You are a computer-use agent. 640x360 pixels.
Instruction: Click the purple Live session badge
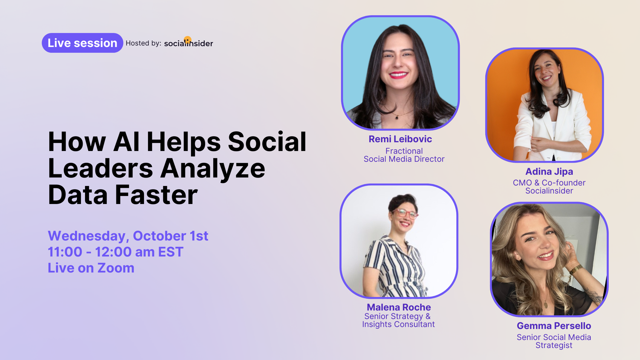click(x=82, y=43)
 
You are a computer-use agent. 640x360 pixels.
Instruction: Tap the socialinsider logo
click(x=188, y=42)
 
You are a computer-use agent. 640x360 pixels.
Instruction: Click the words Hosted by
click(x=143, y=43)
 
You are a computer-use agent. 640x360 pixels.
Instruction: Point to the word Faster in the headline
click(x=156, y=195)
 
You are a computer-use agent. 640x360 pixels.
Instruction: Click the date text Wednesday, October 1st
click(x=128, y=236)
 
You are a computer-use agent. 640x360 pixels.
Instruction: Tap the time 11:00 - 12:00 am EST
click(x=116, y=252)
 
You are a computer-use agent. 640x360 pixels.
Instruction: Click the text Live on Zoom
click(x=91, y=268)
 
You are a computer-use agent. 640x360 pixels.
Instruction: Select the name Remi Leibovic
click(x=400, y=139)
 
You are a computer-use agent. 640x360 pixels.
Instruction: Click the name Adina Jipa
click(x=549, y=172)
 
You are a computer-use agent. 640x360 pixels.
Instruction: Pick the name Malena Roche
click(x=399, y=307)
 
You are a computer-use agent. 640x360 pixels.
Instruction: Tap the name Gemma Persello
click(x=554, y=326)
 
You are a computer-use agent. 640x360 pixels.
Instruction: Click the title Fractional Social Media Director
click(x=404, y=155)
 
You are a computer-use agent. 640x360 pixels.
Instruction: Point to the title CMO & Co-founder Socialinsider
click(x=549, y=187)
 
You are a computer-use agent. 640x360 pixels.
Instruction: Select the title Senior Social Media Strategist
click(x=554, y=341)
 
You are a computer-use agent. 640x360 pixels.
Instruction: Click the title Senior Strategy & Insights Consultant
click(x=398, y=320)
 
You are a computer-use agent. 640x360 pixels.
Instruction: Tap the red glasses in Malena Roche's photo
click(x=405, y=213)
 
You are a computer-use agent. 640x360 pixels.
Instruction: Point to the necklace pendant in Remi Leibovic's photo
click(x=397, y=118)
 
